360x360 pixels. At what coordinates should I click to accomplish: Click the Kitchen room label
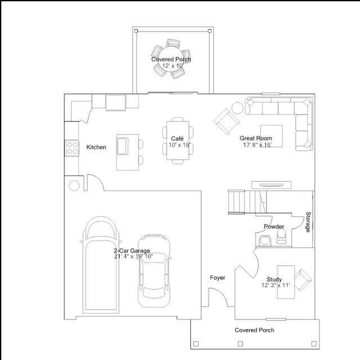click(x=96, y=147)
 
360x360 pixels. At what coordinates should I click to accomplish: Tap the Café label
click(x=177, y=138)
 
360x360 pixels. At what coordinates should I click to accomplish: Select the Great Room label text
click(x=256, y=138)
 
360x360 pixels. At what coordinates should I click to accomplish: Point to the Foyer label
click(x=218, y=278)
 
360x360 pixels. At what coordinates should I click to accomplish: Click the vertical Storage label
click(x=308, y=222)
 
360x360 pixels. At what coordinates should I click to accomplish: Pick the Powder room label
click(x=274, y=227)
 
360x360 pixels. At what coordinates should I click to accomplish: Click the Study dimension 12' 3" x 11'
click(x=276, y=285)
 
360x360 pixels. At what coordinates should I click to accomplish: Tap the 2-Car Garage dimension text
click(x=134, y=256)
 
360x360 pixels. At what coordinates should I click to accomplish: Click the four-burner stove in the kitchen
click(x=72, y=148)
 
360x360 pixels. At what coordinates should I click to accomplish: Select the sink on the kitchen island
click(x=123, y=146)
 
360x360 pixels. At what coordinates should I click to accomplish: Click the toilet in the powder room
click(x=281, y=236)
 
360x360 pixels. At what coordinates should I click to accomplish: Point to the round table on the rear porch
click(x=171, y=58)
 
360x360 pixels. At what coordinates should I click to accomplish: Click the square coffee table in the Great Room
click(x=271, y=136)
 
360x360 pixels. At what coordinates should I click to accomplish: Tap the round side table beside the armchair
click(x=237, y=108)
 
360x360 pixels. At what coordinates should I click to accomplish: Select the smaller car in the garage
click(x=154, y=271)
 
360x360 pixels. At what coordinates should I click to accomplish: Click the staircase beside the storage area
click(x=247, y=202)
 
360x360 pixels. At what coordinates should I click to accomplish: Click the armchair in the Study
click(x=303, y=280)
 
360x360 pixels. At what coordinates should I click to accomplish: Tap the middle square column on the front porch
click(x=240, y=344)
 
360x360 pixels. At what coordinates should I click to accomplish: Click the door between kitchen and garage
click(x=94, y=182)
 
